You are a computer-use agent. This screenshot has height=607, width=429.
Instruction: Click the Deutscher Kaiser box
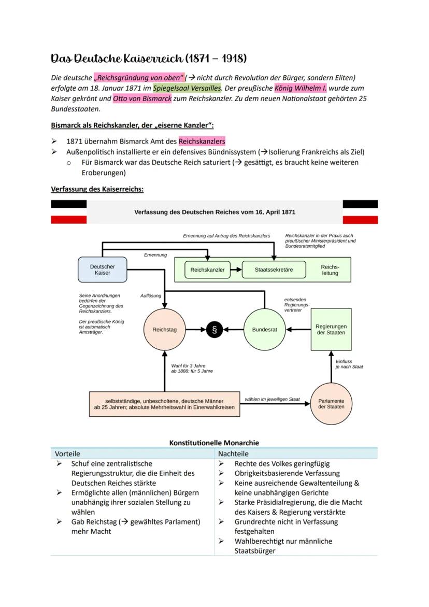point(102,270)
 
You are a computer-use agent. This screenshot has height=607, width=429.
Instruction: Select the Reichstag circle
point(164,330)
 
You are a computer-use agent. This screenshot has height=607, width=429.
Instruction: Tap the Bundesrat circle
point(264,330)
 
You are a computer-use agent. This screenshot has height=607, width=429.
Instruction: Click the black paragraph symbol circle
point(214,330)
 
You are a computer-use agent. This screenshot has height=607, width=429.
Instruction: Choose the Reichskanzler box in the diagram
point(207,270)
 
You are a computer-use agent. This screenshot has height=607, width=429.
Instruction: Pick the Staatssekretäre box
point(274,270)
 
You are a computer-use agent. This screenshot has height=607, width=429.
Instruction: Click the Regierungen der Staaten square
point(331,330)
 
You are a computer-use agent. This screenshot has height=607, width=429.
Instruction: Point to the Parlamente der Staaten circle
point(331,403)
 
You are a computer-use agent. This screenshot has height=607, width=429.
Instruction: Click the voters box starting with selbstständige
point(164,404)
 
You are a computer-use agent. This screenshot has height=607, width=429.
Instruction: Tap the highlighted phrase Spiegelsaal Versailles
point(187,88)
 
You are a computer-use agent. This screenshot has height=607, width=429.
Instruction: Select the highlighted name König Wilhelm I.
point(301,88)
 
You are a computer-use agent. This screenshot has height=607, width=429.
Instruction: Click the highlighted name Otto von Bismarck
point(142,98)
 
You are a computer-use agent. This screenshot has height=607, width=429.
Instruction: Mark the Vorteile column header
point(67,454)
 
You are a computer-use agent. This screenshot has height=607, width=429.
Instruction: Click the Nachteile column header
point(233,454)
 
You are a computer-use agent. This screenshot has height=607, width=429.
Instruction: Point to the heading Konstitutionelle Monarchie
point(214,443)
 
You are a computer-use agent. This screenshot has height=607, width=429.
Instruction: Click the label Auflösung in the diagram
point(151,295)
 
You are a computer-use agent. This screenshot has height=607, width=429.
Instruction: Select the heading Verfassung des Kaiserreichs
point(97,189)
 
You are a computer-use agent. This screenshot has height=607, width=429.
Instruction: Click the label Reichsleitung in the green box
point(330,270)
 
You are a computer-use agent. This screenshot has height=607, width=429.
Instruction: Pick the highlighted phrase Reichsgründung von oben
point(139,78)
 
